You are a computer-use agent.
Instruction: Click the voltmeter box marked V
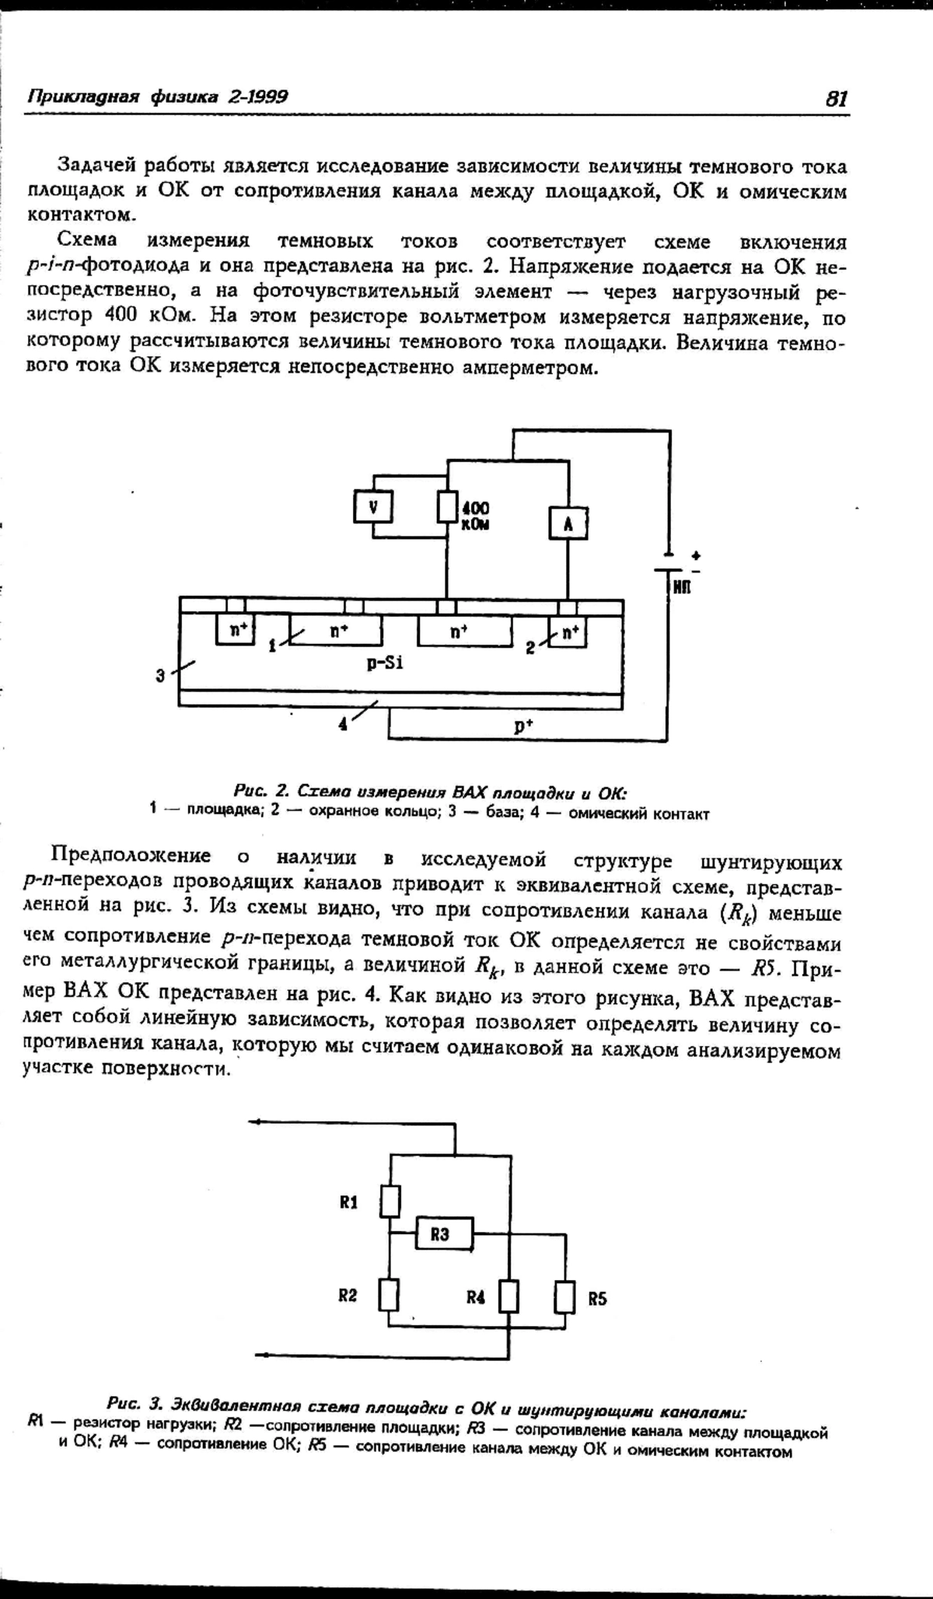(x=373, y=508)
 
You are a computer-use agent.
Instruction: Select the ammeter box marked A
(x=568, y=523)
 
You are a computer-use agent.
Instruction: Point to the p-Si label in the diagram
(x=385, y=663)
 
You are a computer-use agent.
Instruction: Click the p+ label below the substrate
(x=523, y=725)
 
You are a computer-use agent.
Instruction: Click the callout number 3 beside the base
(x=160, y=675)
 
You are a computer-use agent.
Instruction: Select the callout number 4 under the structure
(x=343, y=724)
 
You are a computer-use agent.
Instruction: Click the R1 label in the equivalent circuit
(x=348, y=1202)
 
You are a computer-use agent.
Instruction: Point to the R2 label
(x=348, y=1296)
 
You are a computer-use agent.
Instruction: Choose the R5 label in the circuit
(x=597, y=1298)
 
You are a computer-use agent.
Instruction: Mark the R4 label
(x=476, y=1296)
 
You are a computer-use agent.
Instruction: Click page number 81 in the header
(x=836, y=99)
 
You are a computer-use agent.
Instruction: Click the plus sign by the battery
(x=695, y=555)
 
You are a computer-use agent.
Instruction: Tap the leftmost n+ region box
(x=236, y=631)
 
